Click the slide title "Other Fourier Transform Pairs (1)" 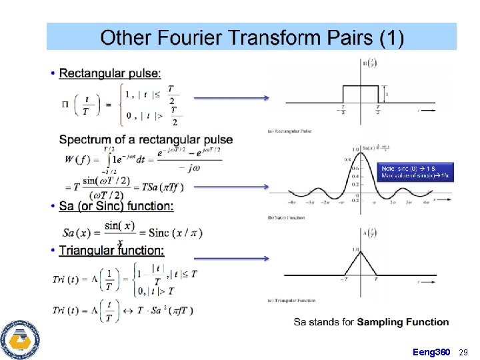click(251, 37)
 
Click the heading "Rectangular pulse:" click(109, 73)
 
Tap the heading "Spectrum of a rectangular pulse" click(146, 139)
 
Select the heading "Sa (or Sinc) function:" click(116, 206)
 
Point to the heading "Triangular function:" click(111, 251)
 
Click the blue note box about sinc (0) click(416, 171)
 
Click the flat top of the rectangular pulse click(361, 86)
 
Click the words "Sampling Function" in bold click(403, 322)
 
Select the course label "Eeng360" click(431, 351)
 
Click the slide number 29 click(465, 351)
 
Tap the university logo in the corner click(19, 338)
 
